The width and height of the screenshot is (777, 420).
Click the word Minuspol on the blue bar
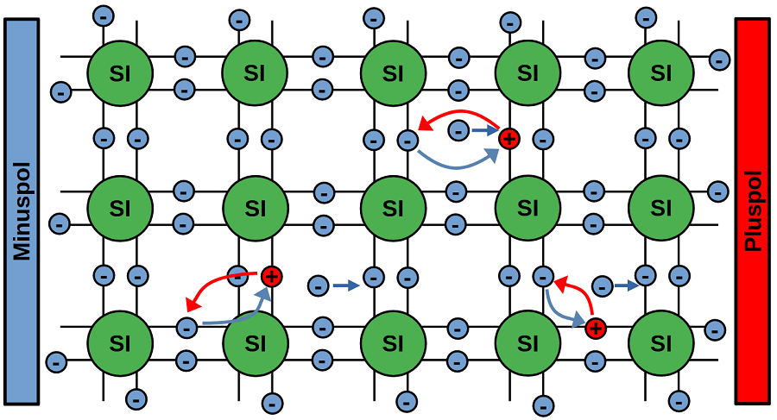[x=22, y=211]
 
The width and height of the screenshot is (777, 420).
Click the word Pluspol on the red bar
[x=755, y=211]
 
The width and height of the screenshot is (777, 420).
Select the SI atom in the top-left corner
[x=120, y=73]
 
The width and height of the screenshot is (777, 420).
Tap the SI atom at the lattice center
[x=392, y=208]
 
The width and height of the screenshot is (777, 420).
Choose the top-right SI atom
[x=661, y=73]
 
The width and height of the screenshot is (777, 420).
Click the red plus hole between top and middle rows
[x=509, y=137]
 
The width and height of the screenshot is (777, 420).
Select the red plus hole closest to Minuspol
[x=271, y=277]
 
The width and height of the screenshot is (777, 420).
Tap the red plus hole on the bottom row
[x=594, y=328]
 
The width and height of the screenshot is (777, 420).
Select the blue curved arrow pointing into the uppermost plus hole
[x=458, y=162]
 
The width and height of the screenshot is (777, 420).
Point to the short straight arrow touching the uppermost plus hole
[x=485, y=131]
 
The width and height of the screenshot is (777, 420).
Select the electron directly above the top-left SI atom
[x=103, y=16]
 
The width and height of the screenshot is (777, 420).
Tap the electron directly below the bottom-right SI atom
[x=679, y=400]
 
